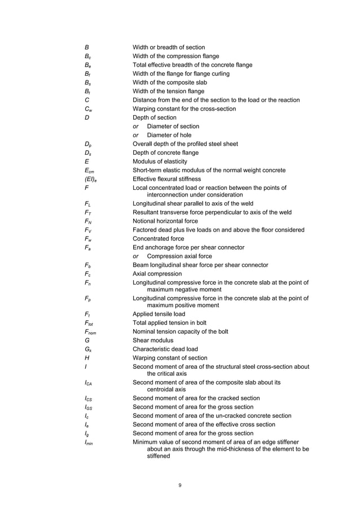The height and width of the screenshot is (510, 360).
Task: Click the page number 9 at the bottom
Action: click(179, 485)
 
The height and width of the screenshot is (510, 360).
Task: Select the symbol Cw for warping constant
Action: click(87, 109)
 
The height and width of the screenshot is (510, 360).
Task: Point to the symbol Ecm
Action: click(89, 170)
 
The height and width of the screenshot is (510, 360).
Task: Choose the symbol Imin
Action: click(89, 442)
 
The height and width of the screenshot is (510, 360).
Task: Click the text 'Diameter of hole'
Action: click(169, 135)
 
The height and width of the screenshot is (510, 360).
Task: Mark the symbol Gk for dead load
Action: click(87, 350)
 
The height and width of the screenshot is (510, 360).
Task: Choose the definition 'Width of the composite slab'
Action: click(176, 82)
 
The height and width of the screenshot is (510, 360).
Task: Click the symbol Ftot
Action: click(89, 323)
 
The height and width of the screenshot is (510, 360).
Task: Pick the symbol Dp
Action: click(87, 144)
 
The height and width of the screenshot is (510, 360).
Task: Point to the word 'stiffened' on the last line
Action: click(158, 456)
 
